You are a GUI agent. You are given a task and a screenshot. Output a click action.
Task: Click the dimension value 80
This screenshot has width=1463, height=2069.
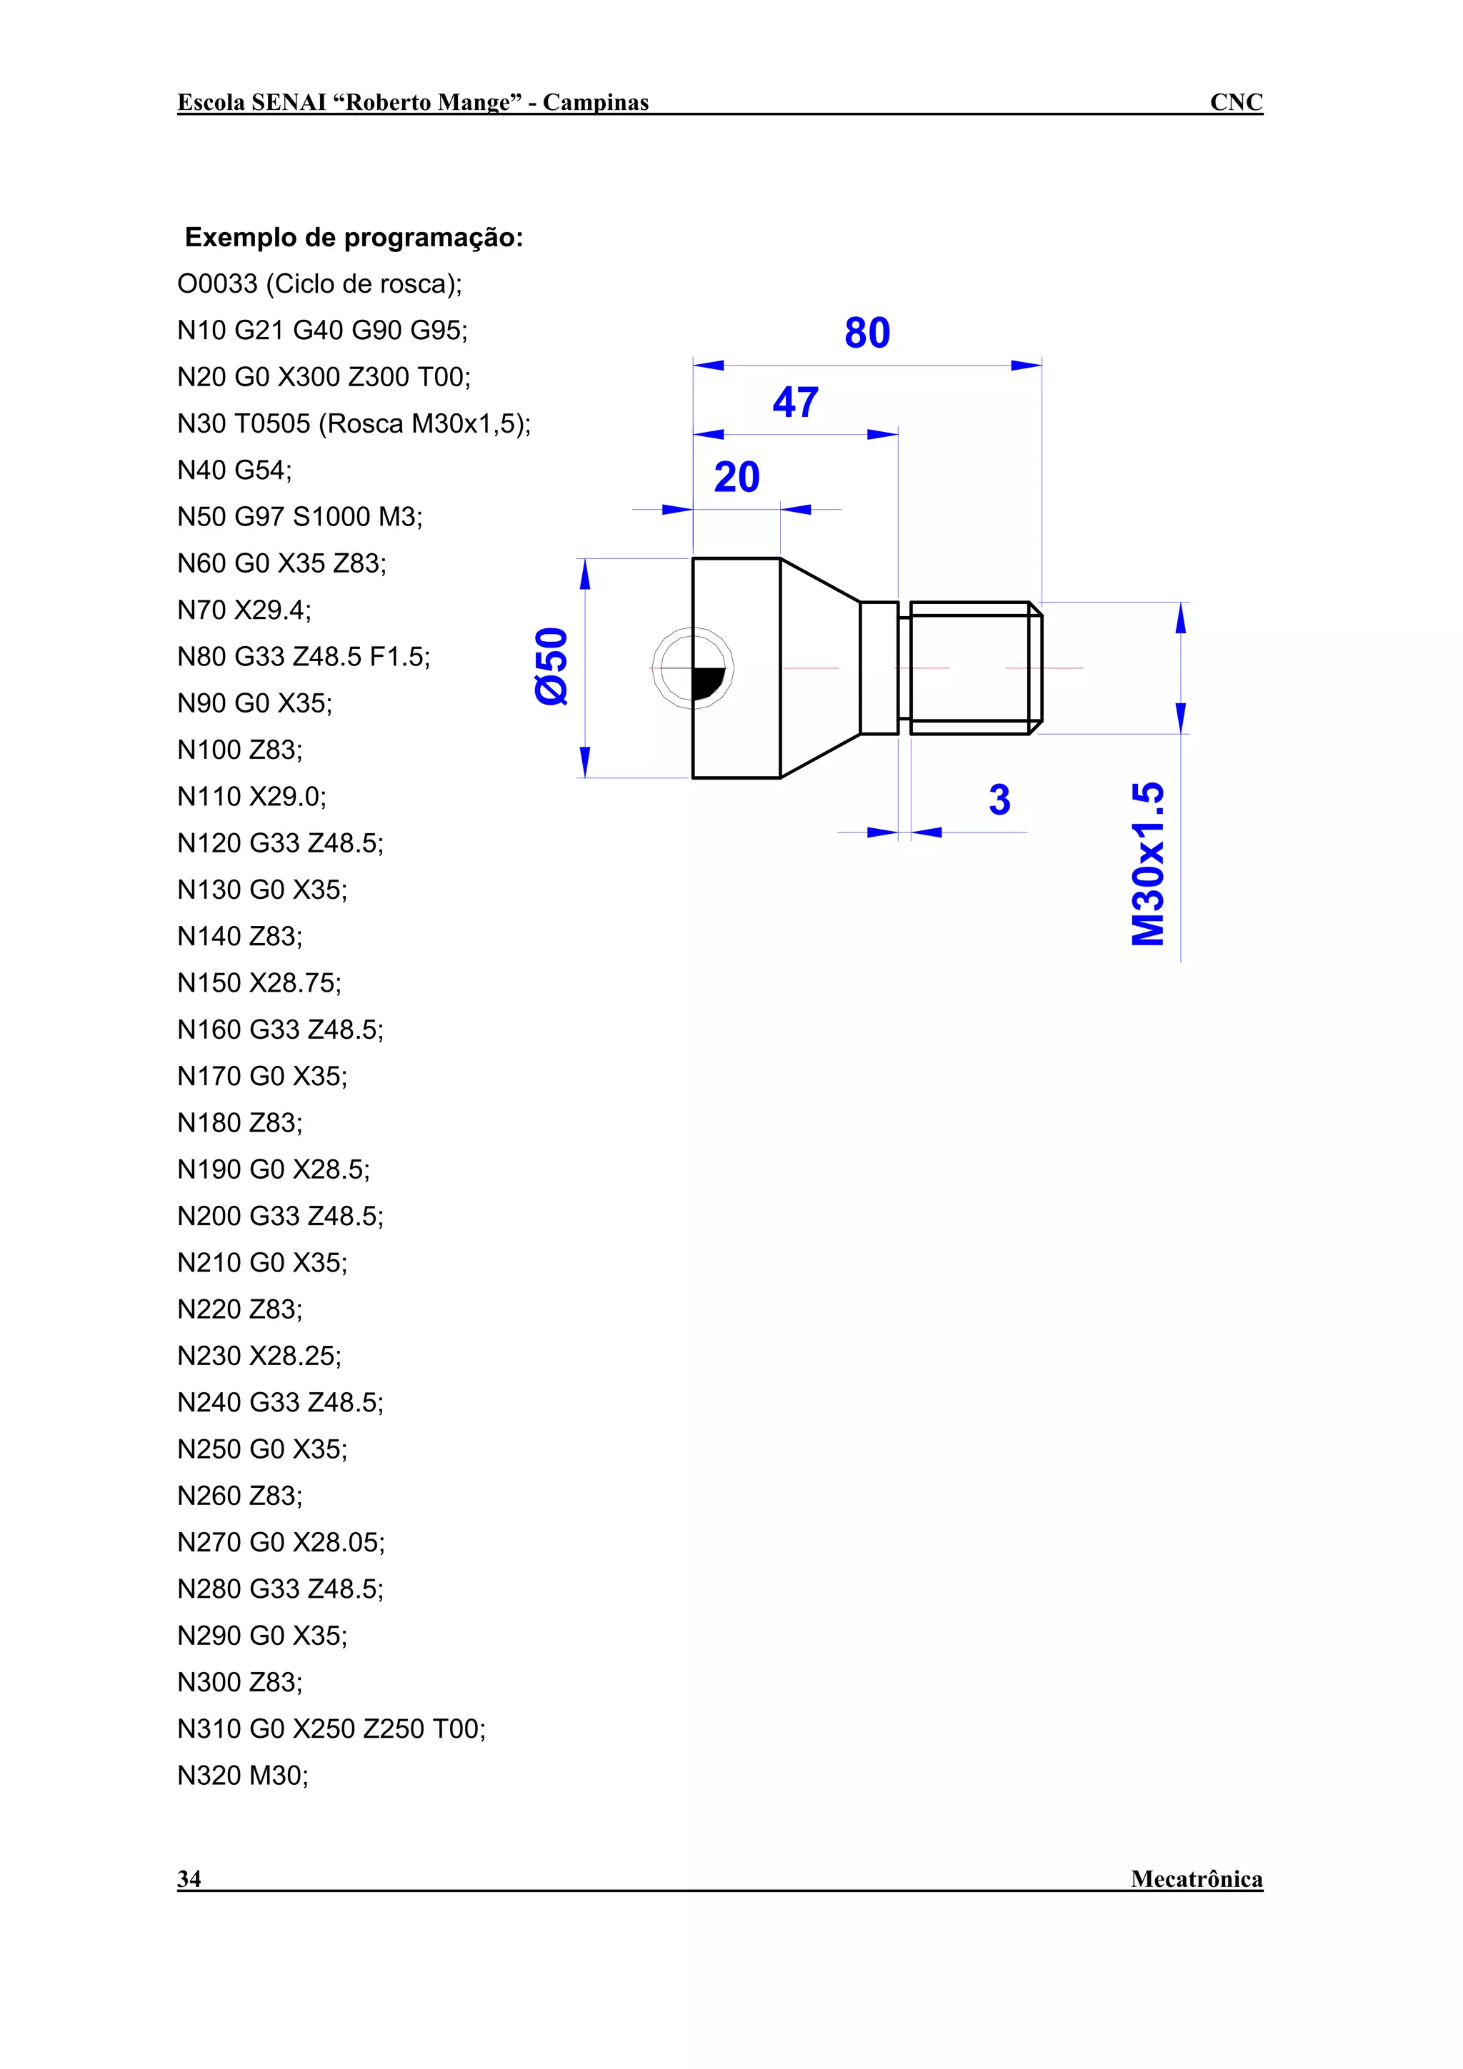pos(867,333)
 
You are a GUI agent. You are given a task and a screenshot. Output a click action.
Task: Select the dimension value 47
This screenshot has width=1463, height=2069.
pos(795,402)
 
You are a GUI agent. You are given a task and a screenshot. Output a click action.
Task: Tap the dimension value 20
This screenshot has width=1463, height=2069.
pos(737,478)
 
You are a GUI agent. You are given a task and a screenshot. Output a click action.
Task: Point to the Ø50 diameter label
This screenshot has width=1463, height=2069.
pos(551,666)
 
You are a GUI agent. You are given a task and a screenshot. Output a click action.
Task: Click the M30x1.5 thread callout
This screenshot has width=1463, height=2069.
pos(1149,863)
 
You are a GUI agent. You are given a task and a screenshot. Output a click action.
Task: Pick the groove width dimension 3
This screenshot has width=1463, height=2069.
pos(999,800)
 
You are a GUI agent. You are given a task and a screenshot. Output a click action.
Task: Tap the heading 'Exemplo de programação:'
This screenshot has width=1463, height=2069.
pos(354,238)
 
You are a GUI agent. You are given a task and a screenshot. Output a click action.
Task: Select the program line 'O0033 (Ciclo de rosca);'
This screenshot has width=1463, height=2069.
pos(319,284)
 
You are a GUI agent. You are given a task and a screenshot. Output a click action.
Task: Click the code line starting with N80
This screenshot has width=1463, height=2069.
pos(304,657)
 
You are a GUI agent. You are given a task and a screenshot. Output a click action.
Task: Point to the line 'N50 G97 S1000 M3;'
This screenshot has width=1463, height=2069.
pos(299,517)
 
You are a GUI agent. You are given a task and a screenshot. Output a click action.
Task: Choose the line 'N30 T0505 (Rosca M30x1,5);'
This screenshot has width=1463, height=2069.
pos(354,423)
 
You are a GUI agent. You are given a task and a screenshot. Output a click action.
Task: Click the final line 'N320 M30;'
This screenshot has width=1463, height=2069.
pos(242,1776)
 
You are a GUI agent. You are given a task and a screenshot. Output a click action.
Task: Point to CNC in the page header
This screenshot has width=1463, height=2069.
pos(1236,102)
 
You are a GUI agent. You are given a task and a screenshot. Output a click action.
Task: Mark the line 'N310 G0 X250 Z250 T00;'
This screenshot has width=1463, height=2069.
pos(331,1728)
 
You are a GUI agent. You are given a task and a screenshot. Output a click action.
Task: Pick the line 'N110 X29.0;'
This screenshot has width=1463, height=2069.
pos(251,797)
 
